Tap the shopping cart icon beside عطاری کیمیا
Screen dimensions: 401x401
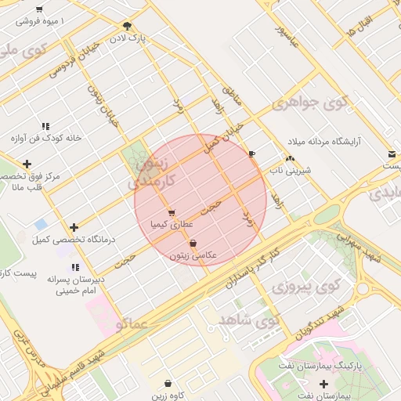coord(171,213)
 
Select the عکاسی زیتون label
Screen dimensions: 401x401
coord(193,255)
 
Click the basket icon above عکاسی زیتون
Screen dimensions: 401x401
coord(193,244)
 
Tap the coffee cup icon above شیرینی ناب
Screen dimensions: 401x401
coord(251,154)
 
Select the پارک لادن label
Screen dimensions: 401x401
coord(128,37)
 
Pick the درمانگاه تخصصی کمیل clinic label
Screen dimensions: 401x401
coord(69,239)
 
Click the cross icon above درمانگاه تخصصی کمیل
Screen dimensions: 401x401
coord(74,227)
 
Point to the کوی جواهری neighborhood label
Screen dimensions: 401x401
coord(309,103)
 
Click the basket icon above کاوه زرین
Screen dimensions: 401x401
coord(169,383)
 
